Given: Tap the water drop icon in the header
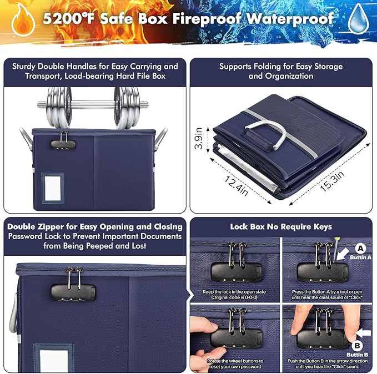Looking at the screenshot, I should coord(358,18).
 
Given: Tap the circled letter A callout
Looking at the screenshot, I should coord(360,249).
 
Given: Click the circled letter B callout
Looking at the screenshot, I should coord(359,346).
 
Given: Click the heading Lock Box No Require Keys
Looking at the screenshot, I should coord(281,226).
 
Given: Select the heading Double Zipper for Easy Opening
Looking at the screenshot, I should coord(94,226).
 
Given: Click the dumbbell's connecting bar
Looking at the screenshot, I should coord(92,103).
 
